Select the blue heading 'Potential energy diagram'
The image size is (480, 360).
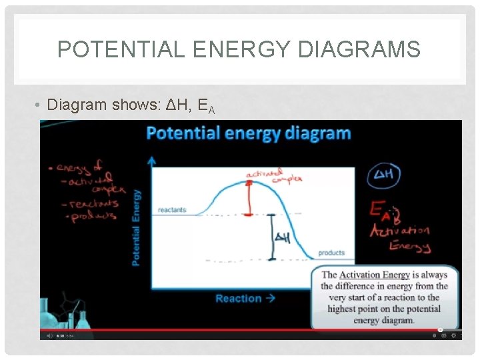coord(248,133)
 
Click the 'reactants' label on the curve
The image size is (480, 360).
coord(172,210)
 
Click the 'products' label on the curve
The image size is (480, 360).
coord(331,253)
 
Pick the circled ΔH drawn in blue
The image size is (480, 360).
coord(384,176)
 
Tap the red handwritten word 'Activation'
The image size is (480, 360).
coord(400,231)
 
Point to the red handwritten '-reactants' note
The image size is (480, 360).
coord(95,203)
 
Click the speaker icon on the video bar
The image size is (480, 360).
coord(49,336)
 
